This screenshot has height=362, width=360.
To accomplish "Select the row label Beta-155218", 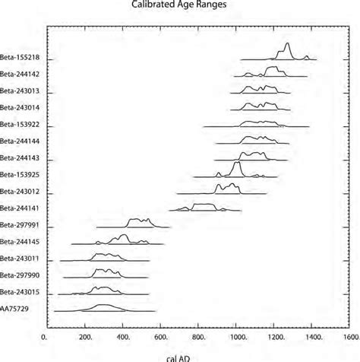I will point(20,58).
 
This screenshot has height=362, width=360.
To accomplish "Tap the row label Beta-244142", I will point(20,75).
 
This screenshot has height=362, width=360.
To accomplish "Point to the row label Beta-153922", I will point(20,125).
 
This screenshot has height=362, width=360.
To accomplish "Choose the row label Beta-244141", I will point(20,208).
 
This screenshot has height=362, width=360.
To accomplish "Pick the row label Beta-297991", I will point(20,225).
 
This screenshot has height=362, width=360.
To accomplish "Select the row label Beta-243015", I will point(20,292).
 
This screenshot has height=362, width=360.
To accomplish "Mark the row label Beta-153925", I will point(20,175).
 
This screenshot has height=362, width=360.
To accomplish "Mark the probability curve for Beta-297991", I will point(140,221).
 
